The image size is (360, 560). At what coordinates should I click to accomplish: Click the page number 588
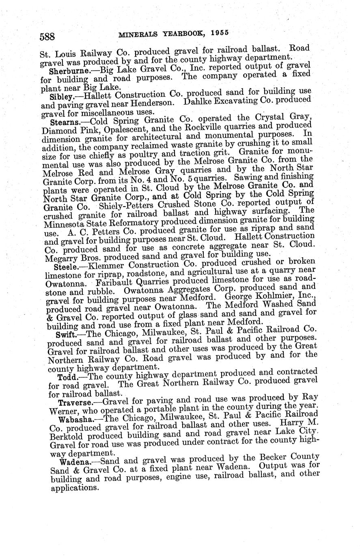pos(47,37)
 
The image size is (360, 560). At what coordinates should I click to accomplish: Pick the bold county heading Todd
pos(66,377)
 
